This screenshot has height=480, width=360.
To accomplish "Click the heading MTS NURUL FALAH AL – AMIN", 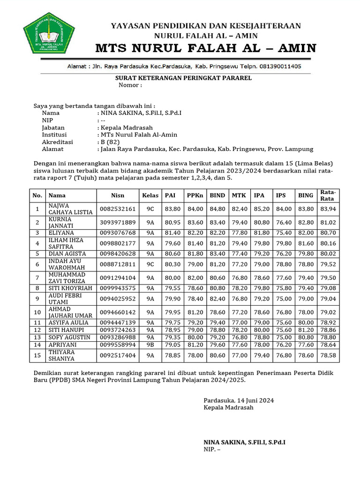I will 206,48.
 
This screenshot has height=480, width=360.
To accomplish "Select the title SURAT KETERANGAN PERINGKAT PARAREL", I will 184,78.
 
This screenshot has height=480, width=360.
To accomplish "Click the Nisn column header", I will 117,195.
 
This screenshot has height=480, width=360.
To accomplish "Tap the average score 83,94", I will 328,209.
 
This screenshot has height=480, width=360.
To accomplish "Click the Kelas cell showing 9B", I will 150,345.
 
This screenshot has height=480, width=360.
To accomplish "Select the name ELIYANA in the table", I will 61,232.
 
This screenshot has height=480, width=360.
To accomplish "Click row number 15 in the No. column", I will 37,356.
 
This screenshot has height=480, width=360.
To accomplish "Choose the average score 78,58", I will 328,356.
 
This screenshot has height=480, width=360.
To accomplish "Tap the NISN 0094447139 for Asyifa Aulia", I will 117,322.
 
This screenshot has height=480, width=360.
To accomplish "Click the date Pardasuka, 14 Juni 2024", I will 239,400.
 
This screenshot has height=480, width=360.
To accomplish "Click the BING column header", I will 306,195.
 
